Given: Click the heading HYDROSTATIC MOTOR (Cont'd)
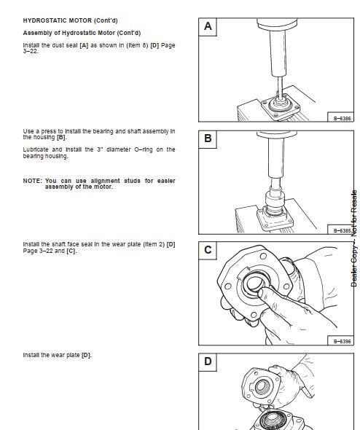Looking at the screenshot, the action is (70, 20).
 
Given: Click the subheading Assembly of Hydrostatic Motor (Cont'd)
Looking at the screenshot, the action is (82, 33).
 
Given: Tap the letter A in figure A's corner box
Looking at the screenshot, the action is (208, 26).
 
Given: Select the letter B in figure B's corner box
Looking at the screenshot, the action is (208, 138).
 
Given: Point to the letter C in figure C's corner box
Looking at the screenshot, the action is (208, 250).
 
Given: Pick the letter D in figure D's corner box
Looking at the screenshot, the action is (208, 361).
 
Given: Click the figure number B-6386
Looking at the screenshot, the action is (342, 119).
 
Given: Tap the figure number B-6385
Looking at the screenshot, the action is (342, 230).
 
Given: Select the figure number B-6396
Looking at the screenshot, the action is (342, 341).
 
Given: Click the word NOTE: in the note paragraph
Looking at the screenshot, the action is (32, 181).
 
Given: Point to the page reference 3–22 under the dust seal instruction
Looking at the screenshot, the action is (31, 51).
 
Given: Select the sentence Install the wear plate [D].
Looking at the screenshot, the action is (58, 355).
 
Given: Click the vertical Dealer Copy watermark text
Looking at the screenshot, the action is (354, 238).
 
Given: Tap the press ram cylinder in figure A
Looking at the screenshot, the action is (278, 52).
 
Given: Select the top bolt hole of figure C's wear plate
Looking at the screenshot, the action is (263, 257).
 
